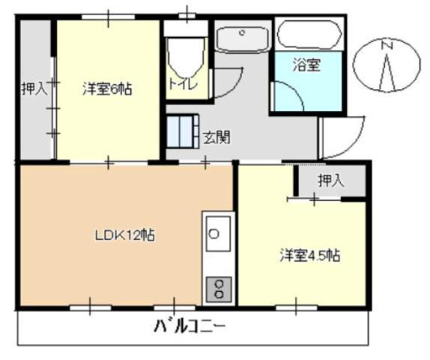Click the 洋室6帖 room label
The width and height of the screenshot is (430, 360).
tap(107, 89)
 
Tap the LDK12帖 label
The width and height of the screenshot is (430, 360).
tap(125, 235)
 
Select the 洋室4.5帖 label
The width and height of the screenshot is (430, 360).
tap(310, 256)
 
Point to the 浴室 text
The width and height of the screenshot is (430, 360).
tap(306, 65)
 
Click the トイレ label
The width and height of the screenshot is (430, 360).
tap(183, 83)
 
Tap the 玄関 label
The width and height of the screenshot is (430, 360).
tap(216, 137)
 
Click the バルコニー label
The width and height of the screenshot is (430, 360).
tap(190, 326)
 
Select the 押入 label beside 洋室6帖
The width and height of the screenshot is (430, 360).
tap(34, 88)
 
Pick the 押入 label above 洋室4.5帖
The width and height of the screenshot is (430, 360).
tap(330, 181)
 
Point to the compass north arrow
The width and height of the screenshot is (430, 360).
tap(387, 72)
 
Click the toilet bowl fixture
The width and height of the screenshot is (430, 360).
tap(187, 58)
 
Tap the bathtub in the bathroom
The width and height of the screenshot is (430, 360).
tap(309, 34)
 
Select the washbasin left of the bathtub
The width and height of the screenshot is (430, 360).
tap(242, 39)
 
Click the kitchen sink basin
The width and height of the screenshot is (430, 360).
tap(218, 233)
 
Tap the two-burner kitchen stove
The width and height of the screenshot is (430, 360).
tap(219, 289)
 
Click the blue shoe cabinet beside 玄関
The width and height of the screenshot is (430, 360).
tap(183, 132)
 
